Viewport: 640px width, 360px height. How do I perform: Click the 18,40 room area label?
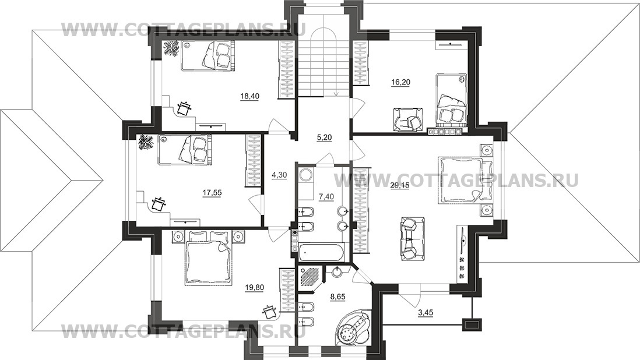(250, 96)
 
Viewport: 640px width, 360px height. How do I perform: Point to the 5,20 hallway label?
(324, 138)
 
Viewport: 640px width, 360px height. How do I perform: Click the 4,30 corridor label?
(279, 175)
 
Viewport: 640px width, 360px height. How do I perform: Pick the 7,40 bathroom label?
(326, 197)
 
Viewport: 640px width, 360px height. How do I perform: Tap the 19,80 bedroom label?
(255, 288)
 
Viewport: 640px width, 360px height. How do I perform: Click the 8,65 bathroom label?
(337, 297)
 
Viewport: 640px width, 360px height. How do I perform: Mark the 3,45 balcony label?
(426, 313)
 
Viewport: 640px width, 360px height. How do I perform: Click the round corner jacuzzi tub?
(353, 328)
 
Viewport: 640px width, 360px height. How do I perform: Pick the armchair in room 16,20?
(409, 119)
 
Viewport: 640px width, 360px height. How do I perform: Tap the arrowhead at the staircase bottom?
(336, 94)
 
